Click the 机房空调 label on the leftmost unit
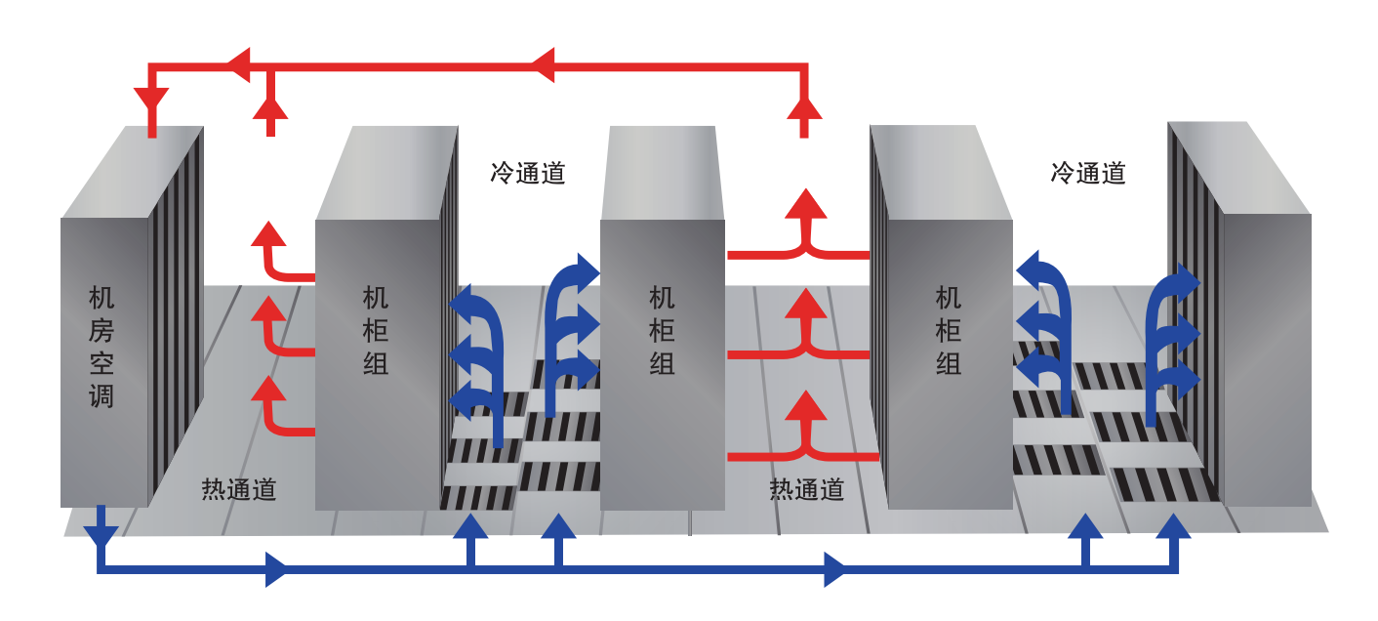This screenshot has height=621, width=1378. point(101,347)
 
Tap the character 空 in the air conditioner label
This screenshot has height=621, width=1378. point(101,363)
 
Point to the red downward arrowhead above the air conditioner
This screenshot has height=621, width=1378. point(151,100)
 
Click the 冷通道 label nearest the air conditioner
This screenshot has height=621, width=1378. point(528,174)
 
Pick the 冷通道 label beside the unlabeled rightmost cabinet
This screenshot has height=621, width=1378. point(1088,174)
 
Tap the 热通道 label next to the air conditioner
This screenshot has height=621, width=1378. point(239,489)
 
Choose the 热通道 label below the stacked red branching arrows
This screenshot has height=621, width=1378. point(807,489)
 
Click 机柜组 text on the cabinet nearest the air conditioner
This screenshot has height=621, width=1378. point(376,330)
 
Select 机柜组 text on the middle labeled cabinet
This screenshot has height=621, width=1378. point(663,330)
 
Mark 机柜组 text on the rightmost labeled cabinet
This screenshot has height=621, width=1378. point(949,330)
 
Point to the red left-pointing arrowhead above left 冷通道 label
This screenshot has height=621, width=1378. point(543,65)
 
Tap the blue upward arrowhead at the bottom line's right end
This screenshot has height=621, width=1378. point(1173,527)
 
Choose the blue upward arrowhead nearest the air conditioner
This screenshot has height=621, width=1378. point(470,527)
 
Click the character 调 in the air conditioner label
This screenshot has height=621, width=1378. point(101,396)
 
